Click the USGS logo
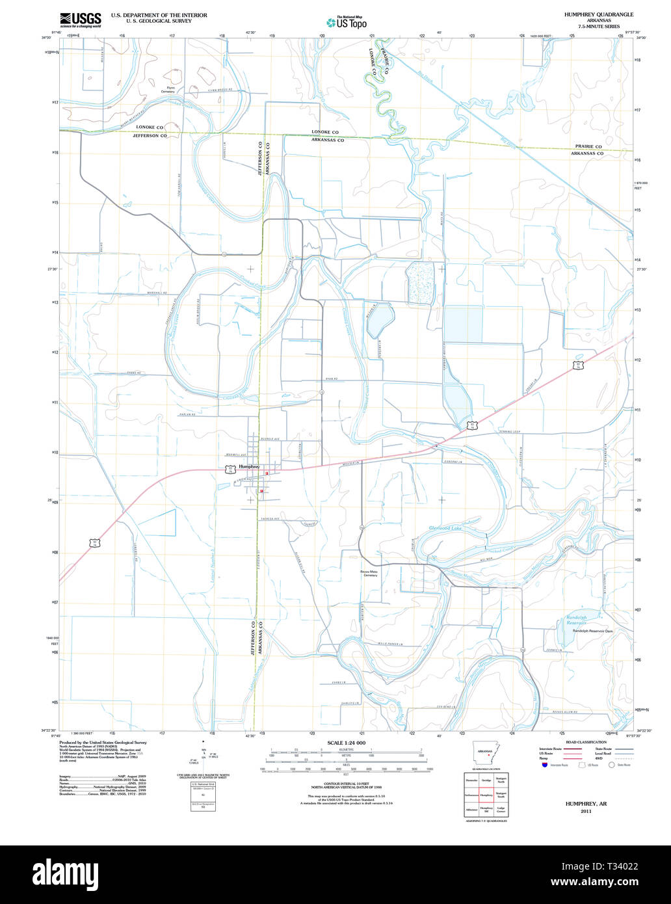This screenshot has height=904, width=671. [x=80, y=20]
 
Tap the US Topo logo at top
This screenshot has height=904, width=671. [x=347, y=22]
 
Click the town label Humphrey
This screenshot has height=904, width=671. [x=249, y=467]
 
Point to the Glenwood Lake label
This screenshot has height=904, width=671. [x=445, y=528]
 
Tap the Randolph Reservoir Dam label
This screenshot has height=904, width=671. [x=593, y=631]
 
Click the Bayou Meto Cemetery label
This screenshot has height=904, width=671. [x=369, y=573]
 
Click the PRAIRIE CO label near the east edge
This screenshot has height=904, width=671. [x=588, y=147]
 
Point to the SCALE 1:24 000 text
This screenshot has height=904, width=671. [x=347, y=743]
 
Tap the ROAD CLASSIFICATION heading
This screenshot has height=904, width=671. [x=586, y=742]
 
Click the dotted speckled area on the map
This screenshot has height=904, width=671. [x=419, y=282]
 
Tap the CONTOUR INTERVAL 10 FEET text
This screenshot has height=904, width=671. [x=347, y=786]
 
